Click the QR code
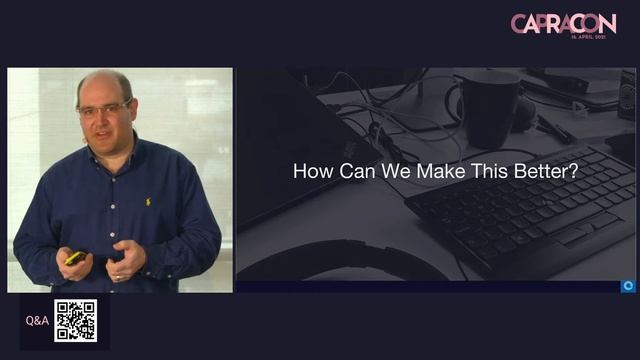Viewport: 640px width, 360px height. [x=75, y=321]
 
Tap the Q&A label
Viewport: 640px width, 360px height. [x=36, y=322]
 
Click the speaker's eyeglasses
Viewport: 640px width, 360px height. [x=104, y=108]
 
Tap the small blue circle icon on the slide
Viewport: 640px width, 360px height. [x=628, y=286]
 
